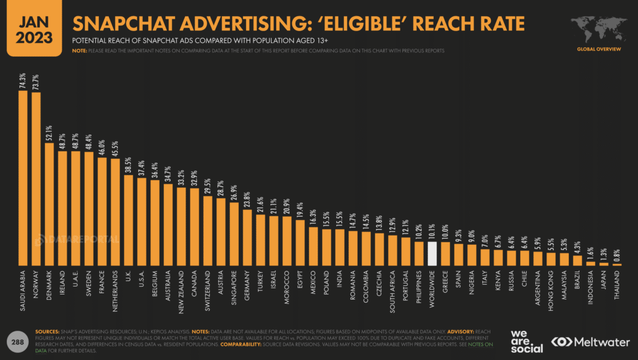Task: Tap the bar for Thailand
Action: click(617, 265)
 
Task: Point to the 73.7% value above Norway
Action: click(36, 82)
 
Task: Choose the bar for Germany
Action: click(247, 238)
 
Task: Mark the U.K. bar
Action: click(128, 220)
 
